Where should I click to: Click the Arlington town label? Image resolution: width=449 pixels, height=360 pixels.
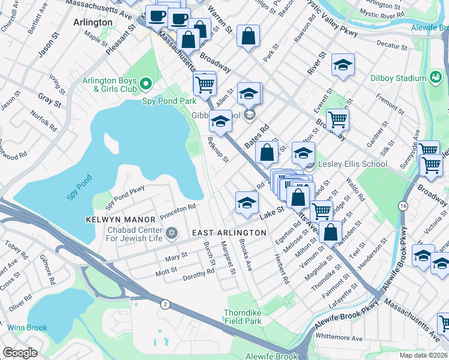click(92, 22)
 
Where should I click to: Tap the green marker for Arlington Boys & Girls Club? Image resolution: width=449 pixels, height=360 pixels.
click(146, 82)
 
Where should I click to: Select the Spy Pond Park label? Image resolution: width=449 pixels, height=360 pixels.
click(169, 101)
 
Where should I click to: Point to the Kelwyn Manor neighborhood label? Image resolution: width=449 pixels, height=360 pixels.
click(113, 220)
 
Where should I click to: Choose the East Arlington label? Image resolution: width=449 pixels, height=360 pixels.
click(229, 232)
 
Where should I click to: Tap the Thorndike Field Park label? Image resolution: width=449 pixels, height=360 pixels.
click(243, 317)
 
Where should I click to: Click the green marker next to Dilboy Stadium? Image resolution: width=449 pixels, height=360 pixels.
click(435, 77)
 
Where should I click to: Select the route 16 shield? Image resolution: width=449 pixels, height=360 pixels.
click(401, 206)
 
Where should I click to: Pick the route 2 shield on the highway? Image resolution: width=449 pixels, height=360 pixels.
click(164, 305)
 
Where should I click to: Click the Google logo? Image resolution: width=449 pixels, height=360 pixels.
click(20, 352)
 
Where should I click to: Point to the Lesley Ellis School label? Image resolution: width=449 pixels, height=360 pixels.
click(344, 164)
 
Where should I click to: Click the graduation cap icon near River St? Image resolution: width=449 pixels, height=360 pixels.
click(343, 65)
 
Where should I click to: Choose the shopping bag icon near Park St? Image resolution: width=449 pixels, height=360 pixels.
click(248, 36)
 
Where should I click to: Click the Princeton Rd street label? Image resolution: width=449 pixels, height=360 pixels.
click(178, 208)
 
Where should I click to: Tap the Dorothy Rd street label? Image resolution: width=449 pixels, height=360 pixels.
click(198, 274)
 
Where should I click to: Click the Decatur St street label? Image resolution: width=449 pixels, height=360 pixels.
click(393, 44)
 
